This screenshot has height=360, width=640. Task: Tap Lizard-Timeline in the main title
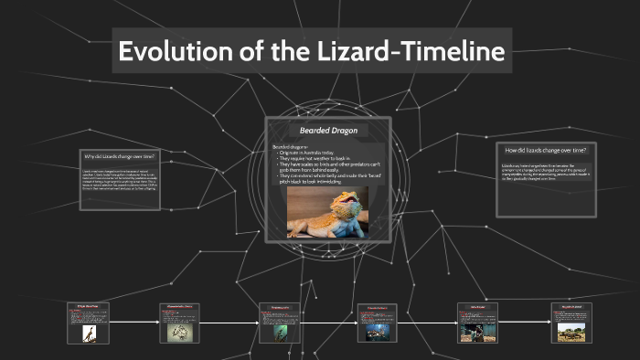point(412,52)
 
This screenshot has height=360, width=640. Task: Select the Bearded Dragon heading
point(327,131)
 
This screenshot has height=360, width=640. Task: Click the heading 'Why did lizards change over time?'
point(119,156)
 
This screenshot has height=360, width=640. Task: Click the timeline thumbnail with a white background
point(88,334)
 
